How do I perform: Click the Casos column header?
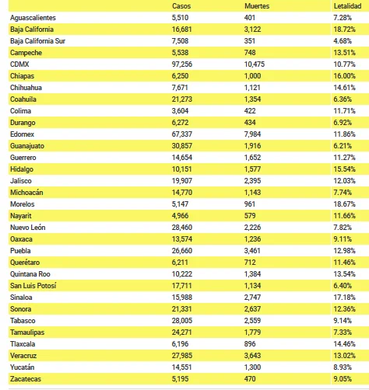click(x=181, y=6)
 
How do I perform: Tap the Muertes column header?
click(x=257, y=6)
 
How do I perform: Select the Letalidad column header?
click(x=347, y=6)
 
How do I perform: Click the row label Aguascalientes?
click(x=33, y=18)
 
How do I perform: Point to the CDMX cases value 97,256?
click(x=182, y=64)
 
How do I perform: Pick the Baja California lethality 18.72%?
click(x=344, y=30)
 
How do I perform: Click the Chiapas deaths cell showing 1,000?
click(x=252, y=76)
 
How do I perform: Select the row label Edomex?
click(x=22, y=134)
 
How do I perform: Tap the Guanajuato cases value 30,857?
click(x=182, y=146)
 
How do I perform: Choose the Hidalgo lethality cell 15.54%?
click(x=344, y=169)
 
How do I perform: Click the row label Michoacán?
click(x=26, y=193)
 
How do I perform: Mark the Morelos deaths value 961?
click(x=250, y=204)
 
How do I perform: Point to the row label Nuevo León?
click(x=28, y=228)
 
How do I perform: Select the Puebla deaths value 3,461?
click(x=252, y=251)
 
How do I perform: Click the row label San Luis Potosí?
click(x=33, y=286)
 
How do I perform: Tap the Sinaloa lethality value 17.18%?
click(x=344, y=298)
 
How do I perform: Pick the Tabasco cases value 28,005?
click(x=182, y=321)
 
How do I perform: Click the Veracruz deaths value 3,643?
click(x=252, y=356)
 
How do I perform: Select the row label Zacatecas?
click(x=26, y=379)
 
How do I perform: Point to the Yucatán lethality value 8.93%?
click(x=343, y=367)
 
